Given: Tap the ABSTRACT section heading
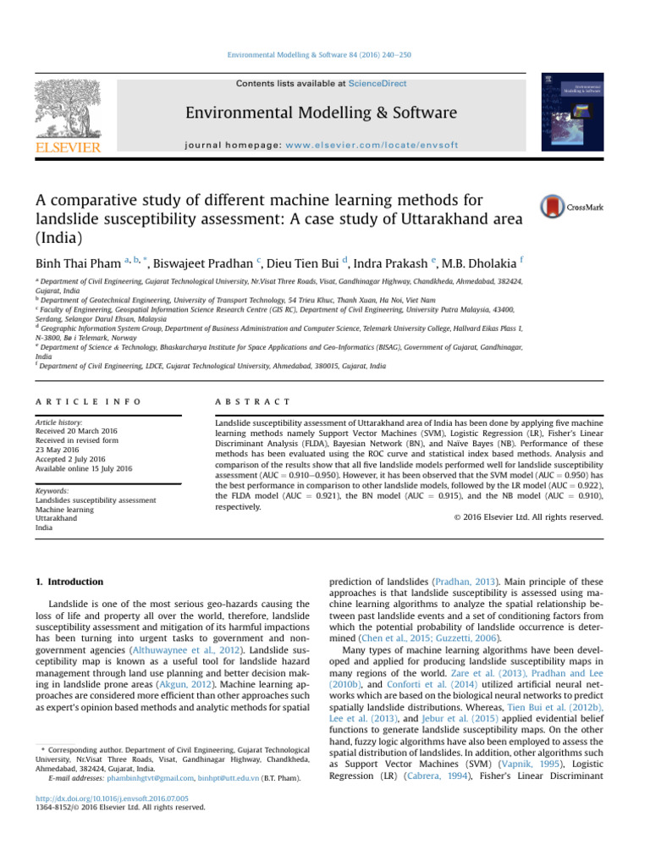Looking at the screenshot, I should (x=253, y=377).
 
